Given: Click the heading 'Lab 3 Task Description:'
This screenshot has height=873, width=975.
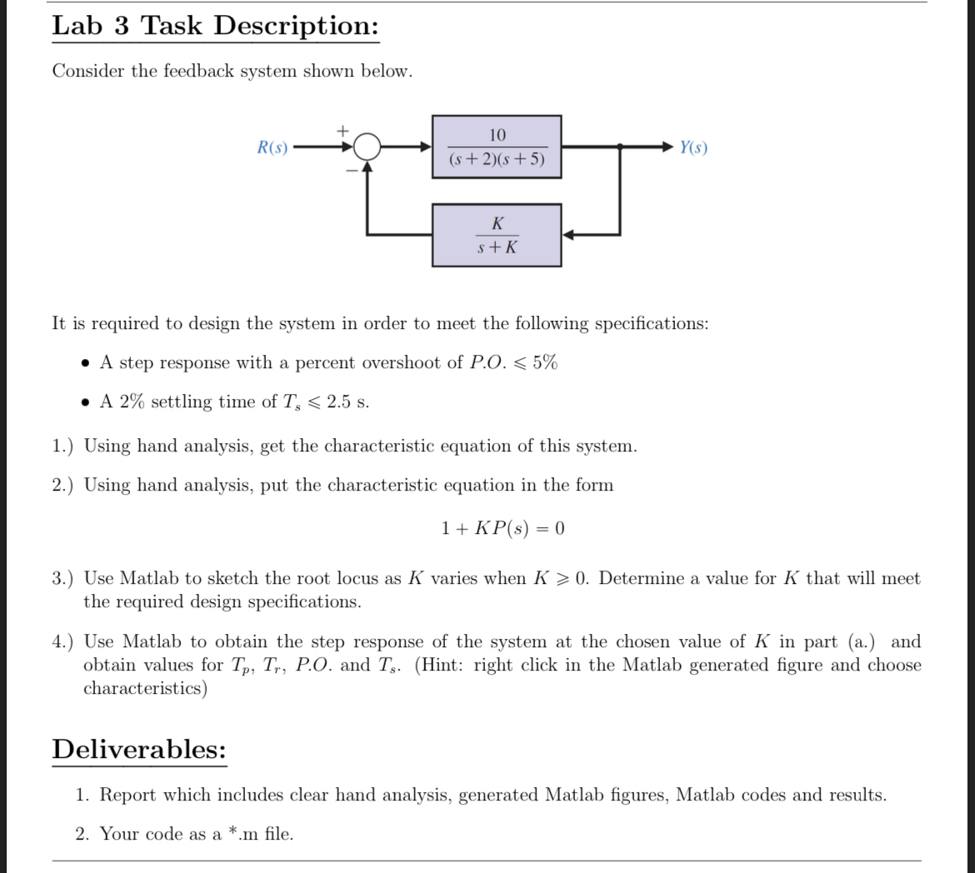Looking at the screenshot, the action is [x=215, y=26].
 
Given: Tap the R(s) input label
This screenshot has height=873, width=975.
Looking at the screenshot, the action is [x=272, y=148].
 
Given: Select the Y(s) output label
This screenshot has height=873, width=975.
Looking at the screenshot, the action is [x=693, y=148].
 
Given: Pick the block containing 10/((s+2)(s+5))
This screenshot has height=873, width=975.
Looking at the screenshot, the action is [x=497, y=147].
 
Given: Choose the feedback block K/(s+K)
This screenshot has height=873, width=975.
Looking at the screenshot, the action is [x=497, y=235].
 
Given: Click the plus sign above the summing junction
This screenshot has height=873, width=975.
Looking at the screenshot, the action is [x=341, y=131].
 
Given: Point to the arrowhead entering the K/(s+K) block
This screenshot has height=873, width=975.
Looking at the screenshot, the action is [x=567, y=235].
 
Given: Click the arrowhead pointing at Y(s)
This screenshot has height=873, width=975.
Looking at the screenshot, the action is [x=667, y=147].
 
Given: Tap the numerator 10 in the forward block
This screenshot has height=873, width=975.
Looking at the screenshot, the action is [x=497, y=135].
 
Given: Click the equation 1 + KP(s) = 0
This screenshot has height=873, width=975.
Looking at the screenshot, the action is [x=502, y=528].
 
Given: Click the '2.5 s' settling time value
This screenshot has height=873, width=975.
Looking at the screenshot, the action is [x=347, y=402].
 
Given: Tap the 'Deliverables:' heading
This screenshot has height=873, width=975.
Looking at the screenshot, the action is [x=139, y=750].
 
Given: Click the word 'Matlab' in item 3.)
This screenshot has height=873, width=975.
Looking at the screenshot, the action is [x=148, y=578].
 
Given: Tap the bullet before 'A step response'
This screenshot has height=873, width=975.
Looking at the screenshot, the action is [x=86, y=364].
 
